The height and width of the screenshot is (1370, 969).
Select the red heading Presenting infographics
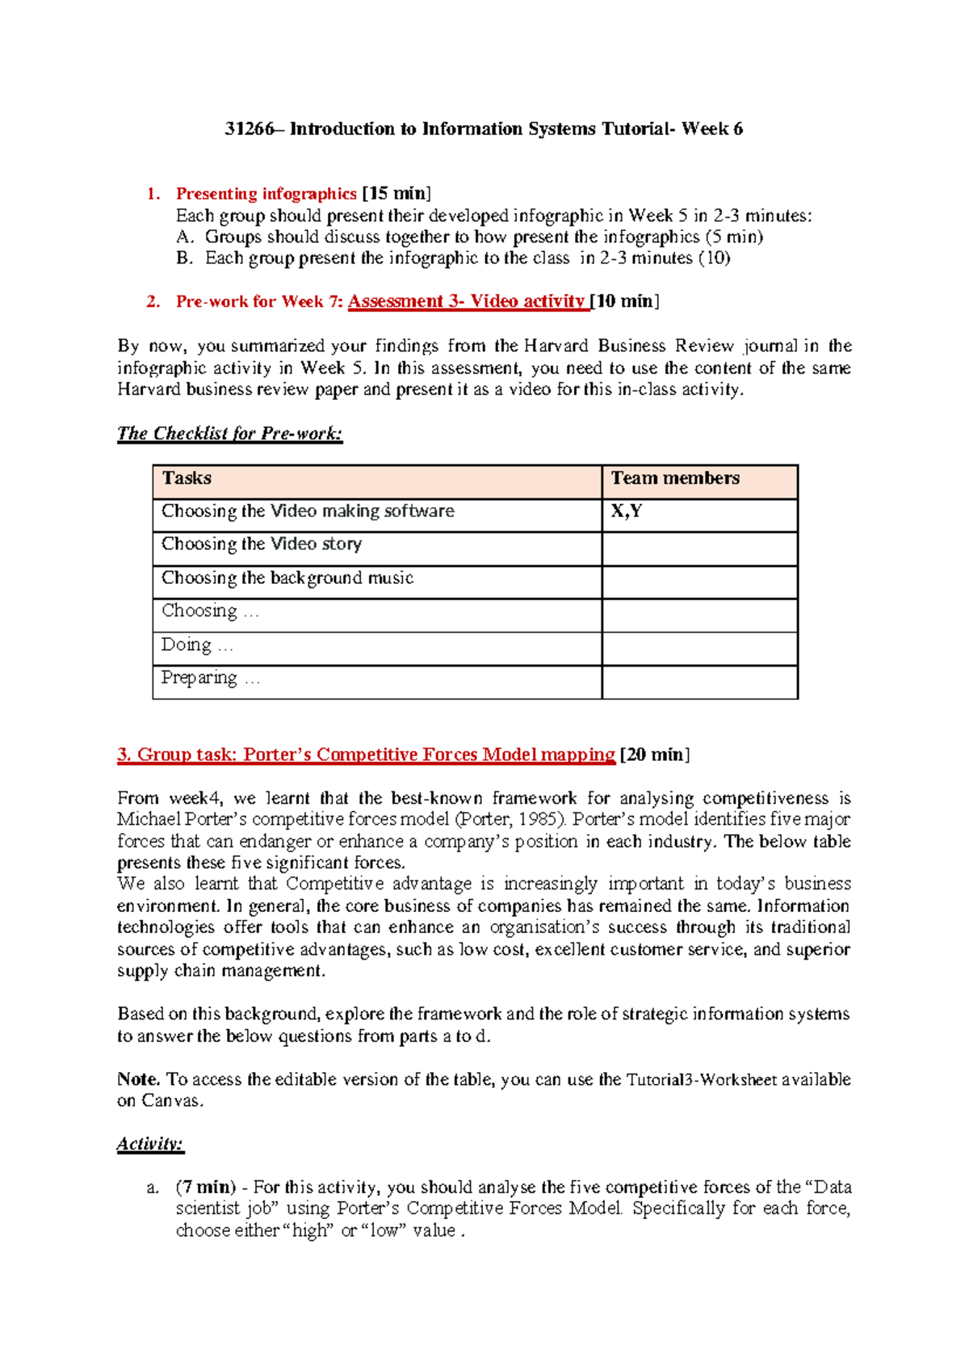click(266, 194)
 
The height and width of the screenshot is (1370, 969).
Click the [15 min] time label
click(396, 194)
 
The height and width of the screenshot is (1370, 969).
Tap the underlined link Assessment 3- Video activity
click(467, 301)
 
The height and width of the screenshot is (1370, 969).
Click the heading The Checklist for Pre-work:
click(230, 434)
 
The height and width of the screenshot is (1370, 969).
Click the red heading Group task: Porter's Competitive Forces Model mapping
click(366, 754)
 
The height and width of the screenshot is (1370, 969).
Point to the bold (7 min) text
click(206, 1187)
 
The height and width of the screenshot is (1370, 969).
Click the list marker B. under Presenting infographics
click(185, 258)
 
